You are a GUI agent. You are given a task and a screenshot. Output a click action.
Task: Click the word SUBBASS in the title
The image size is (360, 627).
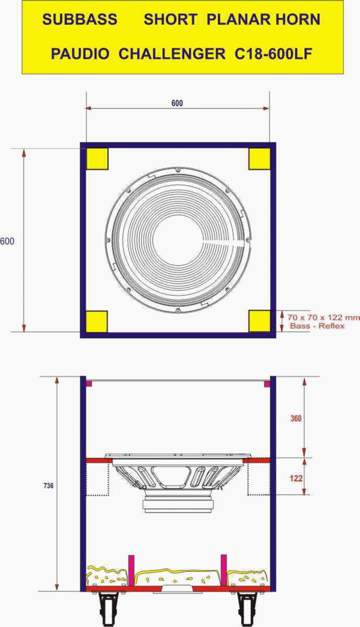click(x=80, y=19)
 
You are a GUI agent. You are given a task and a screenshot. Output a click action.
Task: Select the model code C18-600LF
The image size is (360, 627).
click(x=273, y=53)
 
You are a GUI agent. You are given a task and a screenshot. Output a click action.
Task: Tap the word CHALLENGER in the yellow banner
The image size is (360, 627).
click(x=172, y=53)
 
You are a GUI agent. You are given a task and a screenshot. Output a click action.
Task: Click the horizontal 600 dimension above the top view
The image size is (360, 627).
click(x=177, y=103)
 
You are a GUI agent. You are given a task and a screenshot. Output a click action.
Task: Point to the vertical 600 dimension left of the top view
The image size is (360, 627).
click(x=7, y=242)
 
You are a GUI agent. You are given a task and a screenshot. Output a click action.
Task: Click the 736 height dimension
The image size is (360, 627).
click(x=48, y=486)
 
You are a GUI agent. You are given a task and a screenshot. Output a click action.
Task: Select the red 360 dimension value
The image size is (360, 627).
click(x=296, y=419)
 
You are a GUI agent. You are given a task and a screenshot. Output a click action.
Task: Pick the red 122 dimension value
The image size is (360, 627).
click(x=296, y=478)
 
